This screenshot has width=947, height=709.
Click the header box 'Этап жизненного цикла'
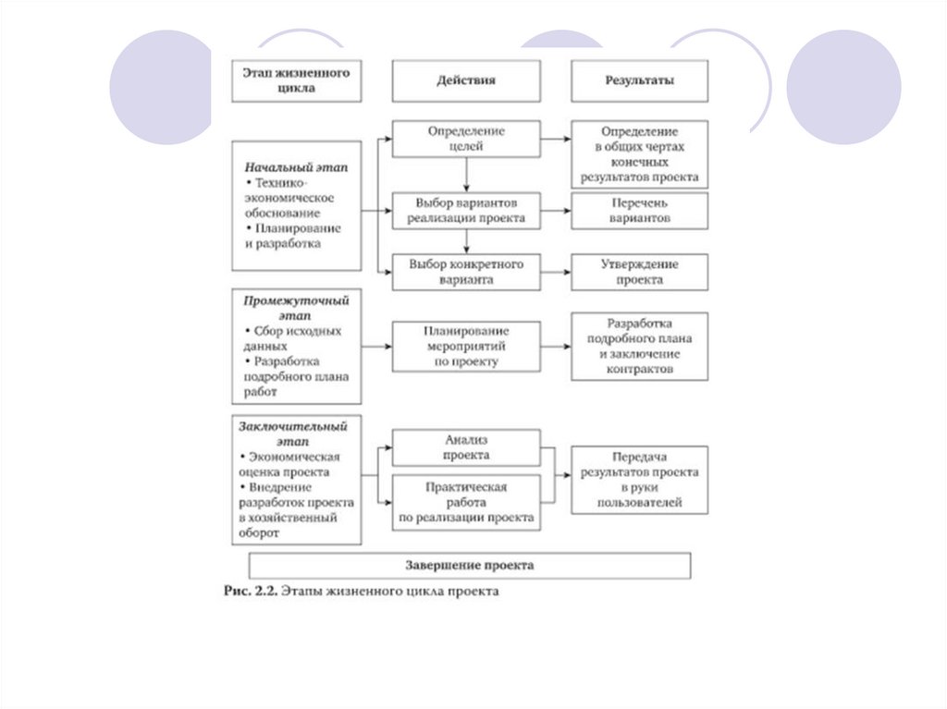(x=296, y=81)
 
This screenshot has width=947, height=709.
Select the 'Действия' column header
(x=466, y=81)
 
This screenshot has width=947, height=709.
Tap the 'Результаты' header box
(x=639, y=81)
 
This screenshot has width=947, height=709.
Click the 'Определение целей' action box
(x=466, y=140)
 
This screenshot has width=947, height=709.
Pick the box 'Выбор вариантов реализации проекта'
(x=466, y=211)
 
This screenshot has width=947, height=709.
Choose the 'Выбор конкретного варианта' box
(x=466, y=272)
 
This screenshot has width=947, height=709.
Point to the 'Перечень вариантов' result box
(x=639, y=211)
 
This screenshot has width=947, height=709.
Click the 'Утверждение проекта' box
(x=639, y=272)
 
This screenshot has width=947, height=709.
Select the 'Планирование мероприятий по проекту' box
(x=466, y=347)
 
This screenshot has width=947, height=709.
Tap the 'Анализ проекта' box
(x=466, y=448)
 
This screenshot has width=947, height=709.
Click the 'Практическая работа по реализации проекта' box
(x=466, y=502)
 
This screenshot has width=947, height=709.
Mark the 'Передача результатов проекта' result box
(x=639, y=480)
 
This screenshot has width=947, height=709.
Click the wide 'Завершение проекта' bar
(x=470, y=565)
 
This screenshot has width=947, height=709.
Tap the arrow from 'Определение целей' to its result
(x=556, y=140)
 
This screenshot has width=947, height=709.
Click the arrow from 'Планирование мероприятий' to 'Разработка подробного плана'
(x=556, y=347)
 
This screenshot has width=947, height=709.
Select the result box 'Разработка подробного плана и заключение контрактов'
(x=639, y=347)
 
